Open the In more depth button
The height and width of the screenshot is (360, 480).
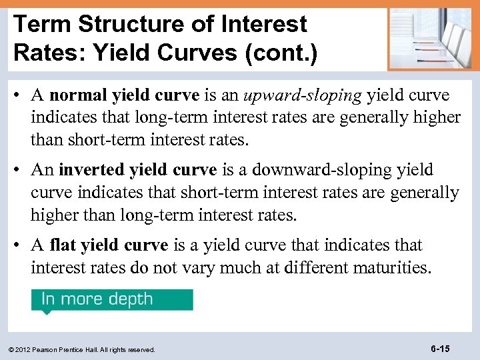(x=112, y=299)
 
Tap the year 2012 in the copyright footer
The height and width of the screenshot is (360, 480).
(x=27, y=349)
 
